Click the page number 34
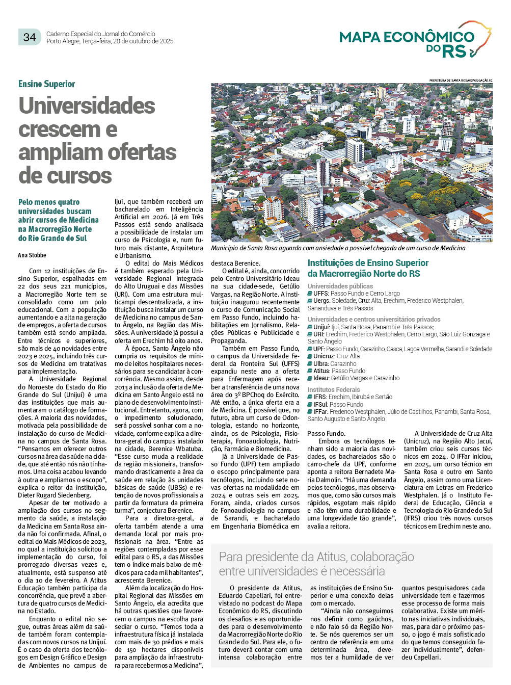point(30,37)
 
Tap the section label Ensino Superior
point(46,84)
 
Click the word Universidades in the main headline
point(87,106)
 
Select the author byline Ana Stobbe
point(32,255)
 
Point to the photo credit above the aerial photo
point(461,81)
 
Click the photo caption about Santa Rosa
point(338,248)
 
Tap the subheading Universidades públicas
point(340,286)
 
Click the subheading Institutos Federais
point(333,389)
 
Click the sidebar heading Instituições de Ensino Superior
point(368,263)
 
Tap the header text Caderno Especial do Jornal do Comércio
point(100,34)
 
